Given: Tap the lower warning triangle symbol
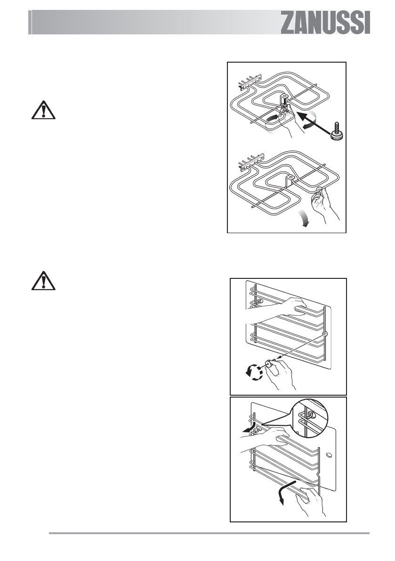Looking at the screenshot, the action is click(x=43, y=281).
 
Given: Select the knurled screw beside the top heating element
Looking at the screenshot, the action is click(x=337, y=131).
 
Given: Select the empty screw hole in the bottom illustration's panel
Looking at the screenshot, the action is click(x=329, y=456).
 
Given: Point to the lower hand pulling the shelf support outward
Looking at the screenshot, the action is click(x=311, y=499).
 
